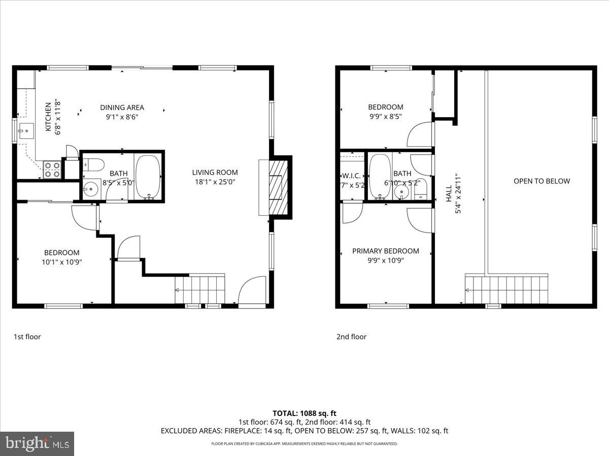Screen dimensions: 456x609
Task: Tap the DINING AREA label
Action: click(x=122, y=107)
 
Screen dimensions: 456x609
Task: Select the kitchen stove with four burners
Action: click(x=52, y=169)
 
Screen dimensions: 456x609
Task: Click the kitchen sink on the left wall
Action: click(x=23, y=131)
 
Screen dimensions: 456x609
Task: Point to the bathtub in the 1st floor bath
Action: click(x=148, y=176)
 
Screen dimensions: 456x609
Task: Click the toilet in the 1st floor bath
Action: click(x=94, y=164)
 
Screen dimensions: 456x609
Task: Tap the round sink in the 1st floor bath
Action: click(x=90, y=189)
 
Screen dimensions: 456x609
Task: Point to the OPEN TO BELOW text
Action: click(x=542, y=181)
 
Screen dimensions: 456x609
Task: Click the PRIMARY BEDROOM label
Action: click(x=386, y=251)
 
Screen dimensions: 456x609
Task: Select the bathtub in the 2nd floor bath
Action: click(x=379, y=176)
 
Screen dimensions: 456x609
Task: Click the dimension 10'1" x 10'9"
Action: click(x=62, y=262)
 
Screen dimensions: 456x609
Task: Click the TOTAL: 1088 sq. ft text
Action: click(x=304, y=413)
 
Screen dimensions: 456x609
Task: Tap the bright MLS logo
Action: click(x=37, y=444)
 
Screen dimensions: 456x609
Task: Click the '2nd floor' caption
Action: click(x=351, y=336)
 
